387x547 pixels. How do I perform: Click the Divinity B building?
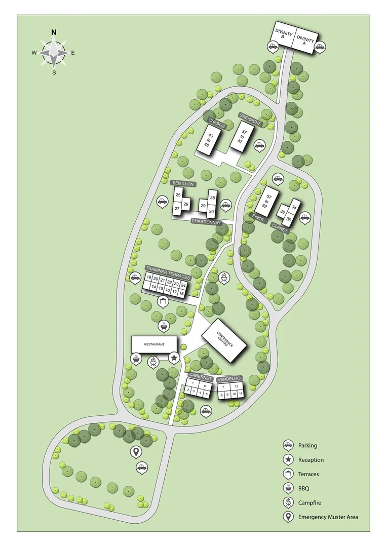pyautogui.click(x=284, y=36)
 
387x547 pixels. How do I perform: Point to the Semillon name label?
pyautogui.click(x=182, y=183)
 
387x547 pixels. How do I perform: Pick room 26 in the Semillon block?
pyautogui.click(x=186, y=205)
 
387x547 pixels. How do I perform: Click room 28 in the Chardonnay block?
pyautogui.click(x=212, y=198)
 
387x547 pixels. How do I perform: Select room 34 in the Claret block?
pyautogui.click(x=295, y=206)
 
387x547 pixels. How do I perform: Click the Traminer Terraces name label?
pyautogui.click(x=167, y=272)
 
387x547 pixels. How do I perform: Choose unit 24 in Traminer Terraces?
pyautogui.click(x=183, y=285)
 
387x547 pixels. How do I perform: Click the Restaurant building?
pyautogui.click(x=154, y=344)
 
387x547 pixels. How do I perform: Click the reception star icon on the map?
pyautogui.click(x=174, y=358)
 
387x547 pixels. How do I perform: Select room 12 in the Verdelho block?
pyautogui.click(x=237, y=386)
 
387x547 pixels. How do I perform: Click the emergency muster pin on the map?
pyautogui.click(x=136, y=451)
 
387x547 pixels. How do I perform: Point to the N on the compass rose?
pyautogui.click(x=54, y=32)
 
